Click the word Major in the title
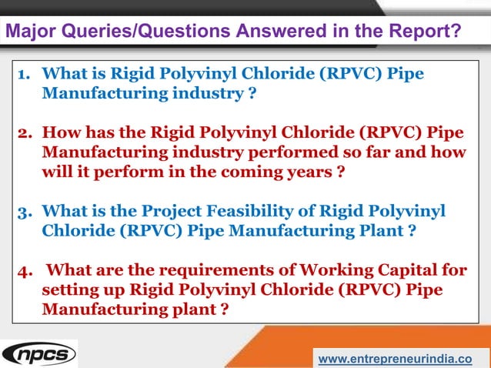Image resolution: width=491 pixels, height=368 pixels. click(28, 32)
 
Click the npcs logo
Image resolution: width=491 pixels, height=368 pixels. click(38, 355)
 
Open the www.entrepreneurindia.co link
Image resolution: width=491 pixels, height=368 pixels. click(395, 359)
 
